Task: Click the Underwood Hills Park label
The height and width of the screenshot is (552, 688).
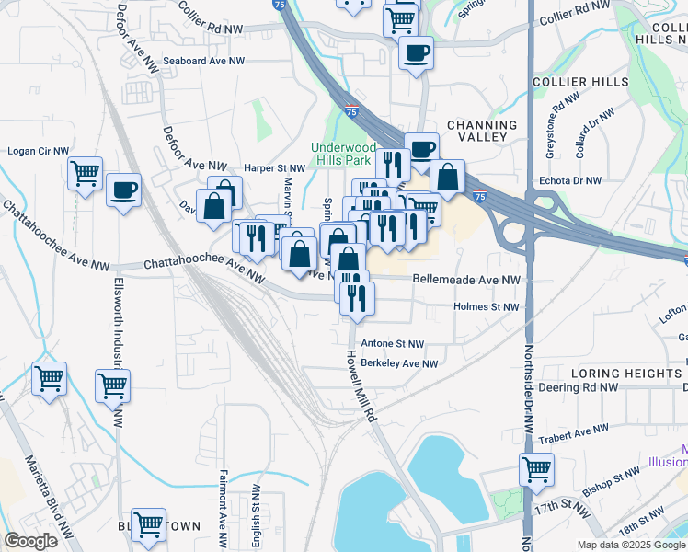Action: coord(342,154)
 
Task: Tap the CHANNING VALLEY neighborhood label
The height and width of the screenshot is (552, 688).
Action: coord(482,131)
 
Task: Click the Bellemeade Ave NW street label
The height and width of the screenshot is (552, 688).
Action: coord(466,279)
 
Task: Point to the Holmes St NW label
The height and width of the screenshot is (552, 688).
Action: coord(487,307)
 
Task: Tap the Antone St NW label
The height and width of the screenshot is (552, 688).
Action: coord(393,343)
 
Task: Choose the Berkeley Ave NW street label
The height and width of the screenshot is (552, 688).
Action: coord(398,363)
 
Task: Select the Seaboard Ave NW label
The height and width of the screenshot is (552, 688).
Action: coord(204,61)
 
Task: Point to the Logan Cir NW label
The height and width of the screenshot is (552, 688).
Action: coord(39,151)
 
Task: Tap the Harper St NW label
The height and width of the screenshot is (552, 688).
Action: coord(274,168)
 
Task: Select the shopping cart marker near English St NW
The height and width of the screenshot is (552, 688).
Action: coord(148,524)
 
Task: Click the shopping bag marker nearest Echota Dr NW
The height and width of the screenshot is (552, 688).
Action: coord(447,177)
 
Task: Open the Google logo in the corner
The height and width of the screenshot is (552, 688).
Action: coord(30,541)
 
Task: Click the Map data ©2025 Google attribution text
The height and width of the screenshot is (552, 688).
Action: coord(630,545)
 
